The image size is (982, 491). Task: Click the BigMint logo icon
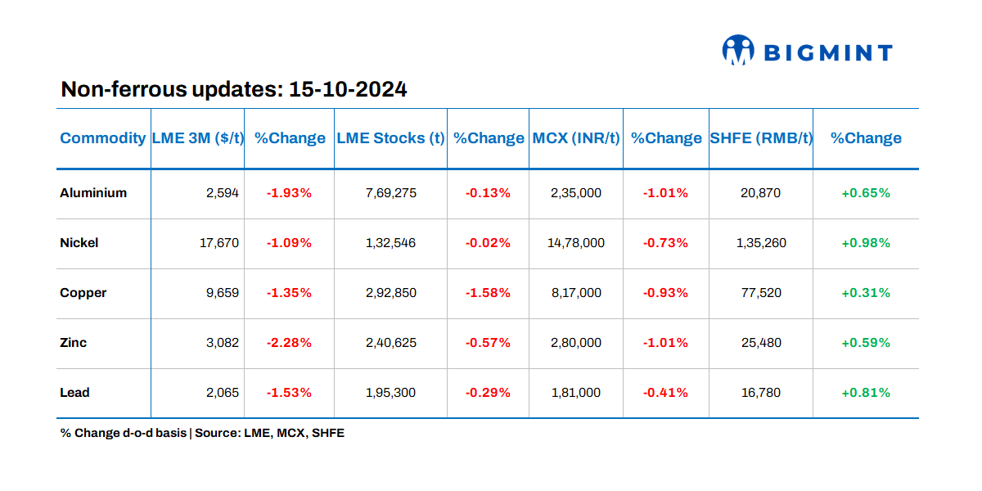737,51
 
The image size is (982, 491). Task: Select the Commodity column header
102,138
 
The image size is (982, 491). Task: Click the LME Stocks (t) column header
390,138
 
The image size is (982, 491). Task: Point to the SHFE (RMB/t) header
760,138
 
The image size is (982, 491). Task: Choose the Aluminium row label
93,193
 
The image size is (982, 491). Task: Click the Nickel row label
79,243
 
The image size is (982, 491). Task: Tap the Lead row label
74,393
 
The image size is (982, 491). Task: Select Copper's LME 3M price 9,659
223,293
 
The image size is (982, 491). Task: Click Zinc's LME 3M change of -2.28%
289,343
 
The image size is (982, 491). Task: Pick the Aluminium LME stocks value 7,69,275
390,193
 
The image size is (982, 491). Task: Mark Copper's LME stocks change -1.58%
488,293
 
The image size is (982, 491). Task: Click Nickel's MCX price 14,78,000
576,243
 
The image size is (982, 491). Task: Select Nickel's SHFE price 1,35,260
760,243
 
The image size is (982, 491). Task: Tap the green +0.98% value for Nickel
865,243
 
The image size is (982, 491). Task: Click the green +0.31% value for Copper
865,293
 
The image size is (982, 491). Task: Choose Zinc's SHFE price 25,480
760,343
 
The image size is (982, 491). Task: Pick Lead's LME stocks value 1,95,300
390,393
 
